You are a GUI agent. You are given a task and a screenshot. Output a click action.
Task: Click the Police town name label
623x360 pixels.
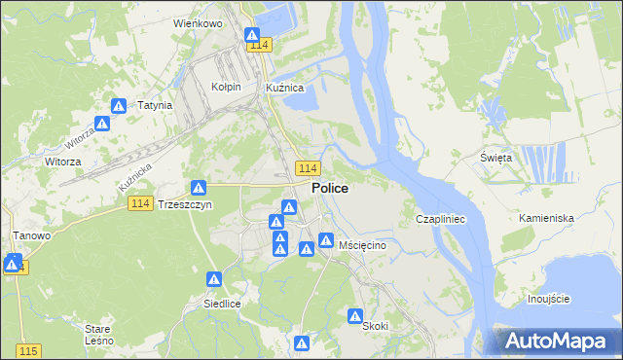[331, 188]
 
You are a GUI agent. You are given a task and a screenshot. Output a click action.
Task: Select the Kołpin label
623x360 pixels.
[226, 87]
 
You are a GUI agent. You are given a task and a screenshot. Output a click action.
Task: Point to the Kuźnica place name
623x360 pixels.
[286, 87]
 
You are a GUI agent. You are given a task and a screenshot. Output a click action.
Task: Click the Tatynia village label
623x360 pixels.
[155, 105]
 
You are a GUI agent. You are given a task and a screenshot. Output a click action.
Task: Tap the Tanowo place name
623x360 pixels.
[31, 235]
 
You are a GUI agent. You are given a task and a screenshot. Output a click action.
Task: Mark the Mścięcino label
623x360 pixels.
[363, 246]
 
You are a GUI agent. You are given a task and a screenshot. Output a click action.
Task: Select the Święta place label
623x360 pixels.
[496, 158]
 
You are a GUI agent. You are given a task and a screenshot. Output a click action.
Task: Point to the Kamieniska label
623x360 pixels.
[546, 218]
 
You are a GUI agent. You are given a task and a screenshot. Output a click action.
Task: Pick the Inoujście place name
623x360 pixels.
[548, 298]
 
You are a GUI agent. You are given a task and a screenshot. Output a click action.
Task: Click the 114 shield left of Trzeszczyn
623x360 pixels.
[140, 202]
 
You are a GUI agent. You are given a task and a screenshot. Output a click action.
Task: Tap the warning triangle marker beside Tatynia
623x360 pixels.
[119, 106]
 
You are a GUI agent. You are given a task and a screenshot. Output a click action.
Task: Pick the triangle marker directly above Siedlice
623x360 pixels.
[213, 279]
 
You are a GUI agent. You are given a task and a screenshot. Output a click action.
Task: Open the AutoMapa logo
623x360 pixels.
[553, 341]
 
